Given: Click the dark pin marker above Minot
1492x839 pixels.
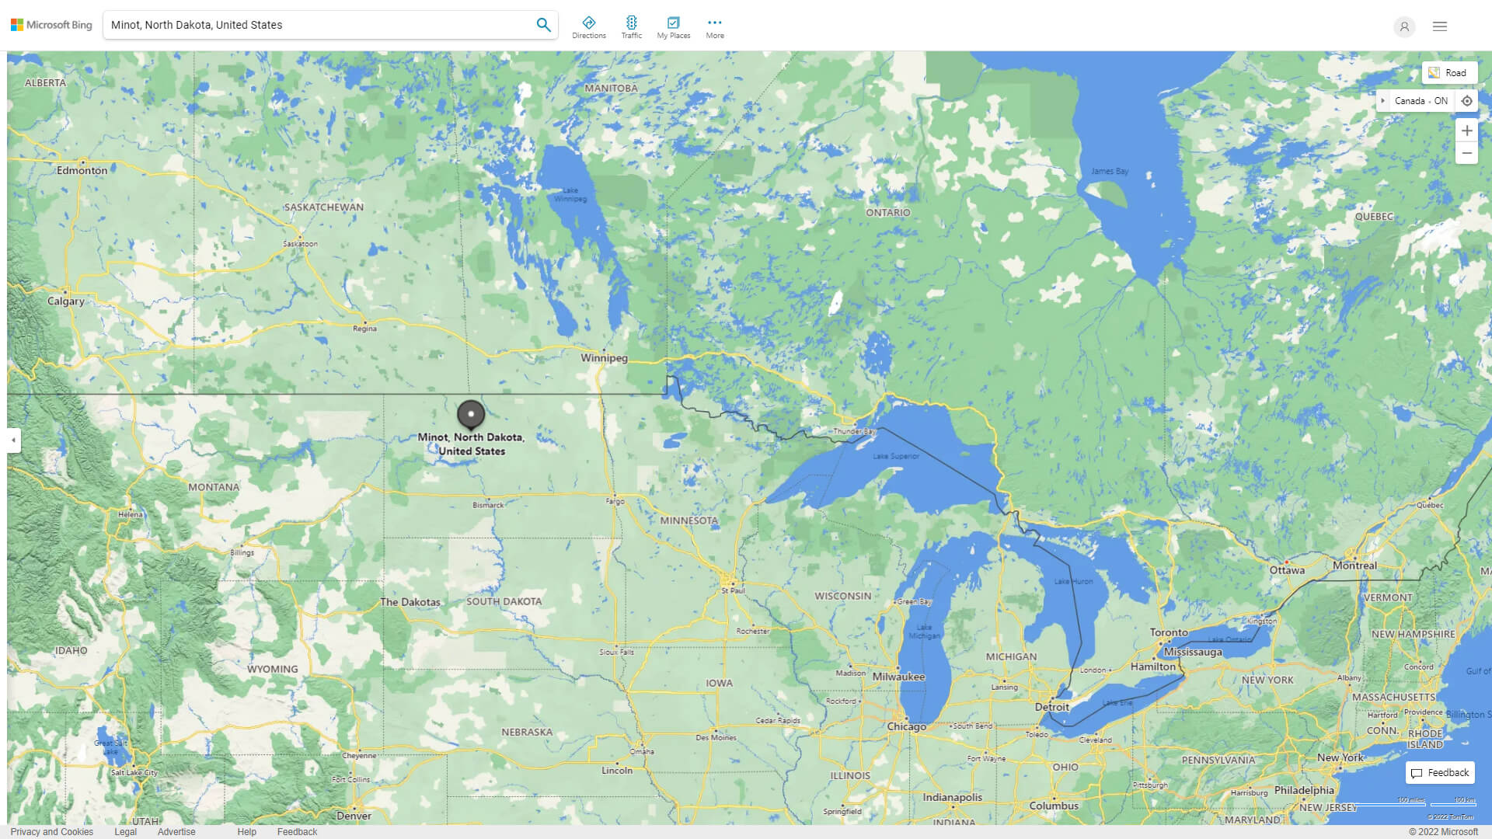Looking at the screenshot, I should coord(470,414).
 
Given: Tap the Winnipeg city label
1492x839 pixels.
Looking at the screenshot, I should coord(604,358).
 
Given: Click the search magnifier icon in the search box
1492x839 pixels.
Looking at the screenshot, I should coord(543,25).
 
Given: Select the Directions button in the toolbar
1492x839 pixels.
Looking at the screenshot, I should coord(588,27).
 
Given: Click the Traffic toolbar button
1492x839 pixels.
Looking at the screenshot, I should coord(631,27).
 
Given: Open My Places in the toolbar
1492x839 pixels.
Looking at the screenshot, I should coord(673,27).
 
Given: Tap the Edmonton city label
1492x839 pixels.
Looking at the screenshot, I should coord(82,170).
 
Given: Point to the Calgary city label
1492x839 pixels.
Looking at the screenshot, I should coord(65,301).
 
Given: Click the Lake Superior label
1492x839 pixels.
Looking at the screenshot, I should coord(895,456).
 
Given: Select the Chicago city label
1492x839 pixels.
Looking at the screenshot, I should coord(906,726).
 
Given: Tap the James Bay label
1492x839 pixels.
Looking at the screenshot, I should coord(1109,171).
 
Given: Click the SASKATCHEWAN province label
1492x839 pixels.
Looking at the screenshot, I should coord(323,207).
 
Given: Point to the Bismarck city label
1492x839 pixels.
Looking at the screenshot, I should coord(488,505).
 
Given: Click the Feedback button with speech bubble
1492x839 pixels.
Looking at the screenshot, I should coord(1439,772).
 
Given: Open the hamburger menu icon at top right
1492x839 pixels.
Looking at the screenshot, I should coord(1439,26).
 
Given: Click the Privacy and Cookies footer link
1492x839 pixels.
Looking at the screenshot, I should coord(51,831).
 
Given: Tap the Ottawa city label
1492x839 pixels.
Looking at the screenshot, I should coord(1286,570).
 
